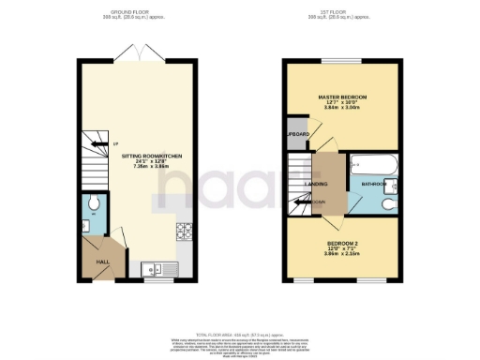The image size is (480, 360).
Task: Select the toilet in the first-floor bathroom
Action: pyautogui.click(x=389, y=199)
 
